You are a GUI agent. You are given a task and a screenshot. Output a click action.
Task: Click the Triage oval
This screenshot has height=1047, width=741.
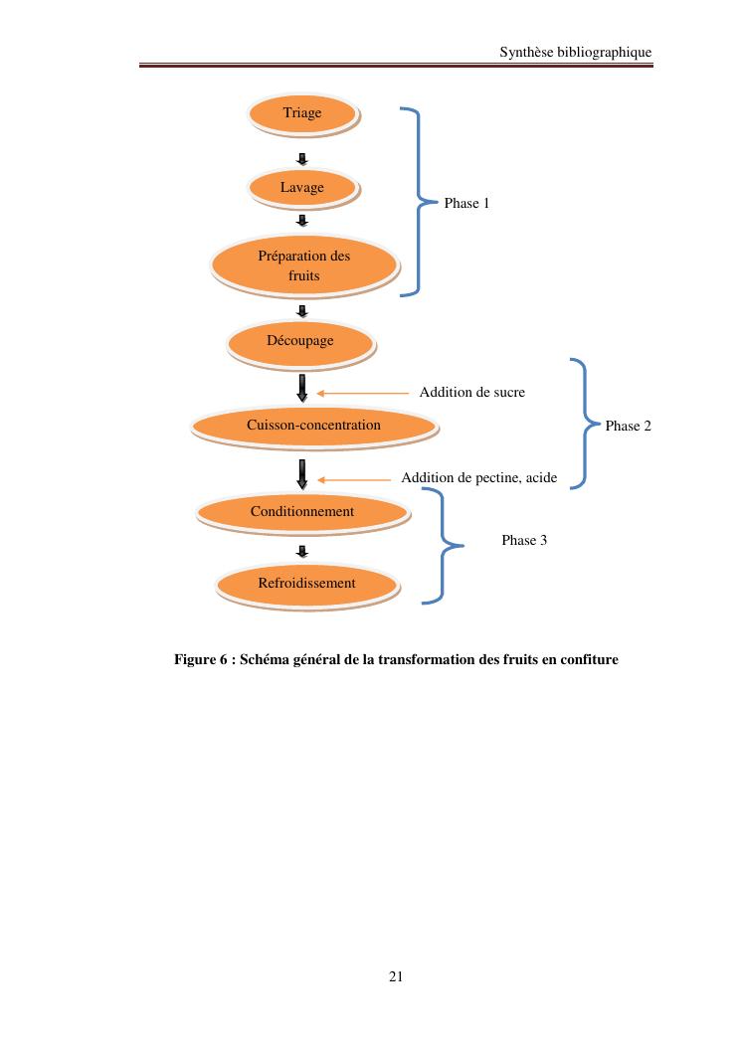(302, 113)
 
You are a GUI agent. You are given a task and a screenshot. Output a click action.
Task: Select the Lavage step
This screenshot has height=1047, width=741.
(302, 187)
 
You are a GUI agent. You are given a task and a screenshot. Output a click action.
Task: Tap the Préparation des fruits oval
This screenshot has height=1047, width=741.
(304, 265)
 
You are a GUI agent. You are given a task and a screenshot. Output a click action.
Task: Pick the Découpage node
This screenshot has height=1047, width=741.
(300, 341)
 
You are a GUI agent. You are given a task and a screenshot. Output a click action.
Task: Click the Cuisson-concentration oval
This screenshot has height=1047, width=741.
(313, 426)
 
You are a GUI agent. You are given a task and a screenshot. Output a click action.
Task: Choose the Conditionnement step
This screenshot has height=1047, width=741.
(302, 512)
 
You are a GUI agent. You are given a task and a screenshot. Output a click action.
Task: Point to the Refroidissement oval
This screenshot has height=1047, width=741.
(306, 584)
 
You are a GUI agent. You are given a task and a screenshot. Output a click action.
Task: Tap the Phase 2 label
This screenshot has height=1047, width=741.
(628, 426)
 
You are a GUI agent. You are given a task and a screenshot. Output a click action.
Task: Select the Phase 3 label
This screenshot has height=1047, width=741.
(524, 541)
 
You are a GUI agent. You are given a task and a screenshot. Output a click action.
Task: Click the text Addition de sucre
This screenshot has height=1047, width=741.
(471, 393)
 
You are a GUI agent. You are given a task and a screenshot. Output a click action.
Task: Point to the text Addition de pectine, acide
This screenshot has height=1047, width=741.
(478, 479)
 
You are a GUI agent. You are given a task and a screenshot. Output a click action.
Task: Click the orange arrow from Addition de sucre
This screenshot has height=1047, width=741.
(362, 394)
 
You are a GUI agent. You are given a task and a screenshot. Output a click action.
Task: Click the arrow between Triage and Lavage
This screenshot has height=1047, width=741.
(302, 158)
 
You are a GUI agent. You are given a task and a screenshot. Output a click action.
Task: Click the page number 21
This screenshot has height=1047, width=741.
(396, 976)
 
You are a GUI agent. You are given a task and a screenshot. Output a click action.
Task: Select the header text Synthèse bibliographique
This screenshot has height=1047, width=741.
(575, 52)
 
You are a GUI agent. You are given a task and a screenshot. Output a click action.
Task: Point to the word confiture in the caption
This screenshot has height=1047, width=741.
(589, 659)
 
